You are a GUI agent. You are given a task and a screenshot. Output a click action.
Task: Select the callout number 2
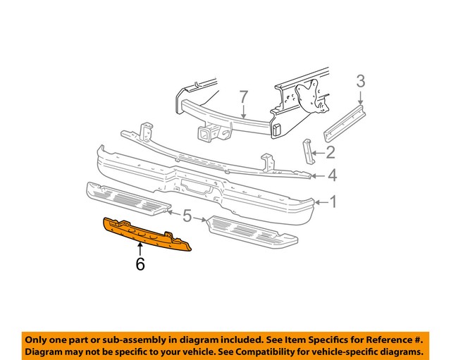click(x=330, y=151)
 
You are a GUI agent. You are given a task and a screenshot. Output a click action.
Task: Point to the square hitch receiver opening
click(x=209, y=134)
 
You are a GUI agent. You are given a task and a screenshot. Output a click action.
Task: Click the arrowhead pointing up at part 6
click(x=140, y=246)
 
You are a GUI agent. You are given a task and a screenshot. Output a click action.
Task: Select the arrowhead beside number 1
click(x=317, y=203)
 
